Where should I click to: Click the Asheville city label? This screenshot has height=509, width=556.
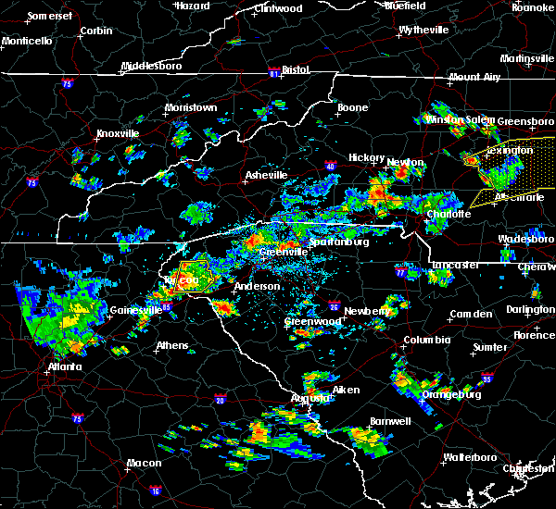click(x=265, y=175)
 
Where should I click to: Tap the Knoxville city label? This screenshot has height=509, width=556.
click(x=118, y=134)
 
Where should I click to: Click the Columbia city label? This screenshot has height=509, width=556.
click(x=426, y=341)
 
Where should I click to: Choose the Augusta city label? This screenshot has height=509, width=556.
click(x=310, y=397)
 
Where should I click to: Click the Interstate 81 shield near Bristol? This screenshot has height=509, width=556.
click(x=273, y=70)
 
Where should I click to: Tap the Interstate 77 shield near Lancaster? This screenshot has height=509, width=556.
click(x=401, y=274)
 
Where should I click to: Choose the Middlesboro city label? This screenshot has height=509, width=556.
click(x=153, y=68)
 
